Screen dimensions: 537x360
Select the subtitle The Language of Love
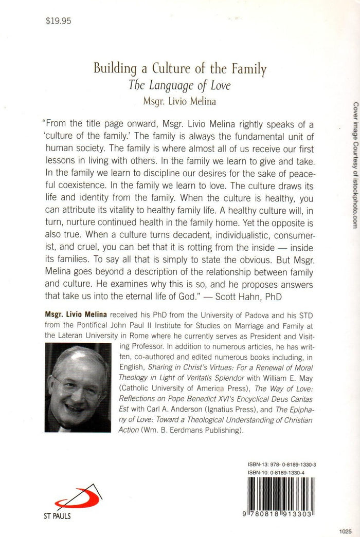(179, 85)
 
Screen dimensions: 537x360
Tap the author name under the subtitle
(179, 101)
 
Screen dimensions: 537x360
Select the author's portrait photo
(78, 387)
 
